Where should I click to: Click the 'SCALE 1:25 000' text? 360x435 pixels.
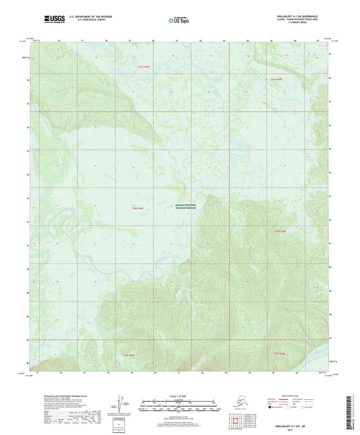point(180,396)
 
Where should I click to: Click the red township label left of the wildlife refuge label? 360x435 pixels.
point(138,208)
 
